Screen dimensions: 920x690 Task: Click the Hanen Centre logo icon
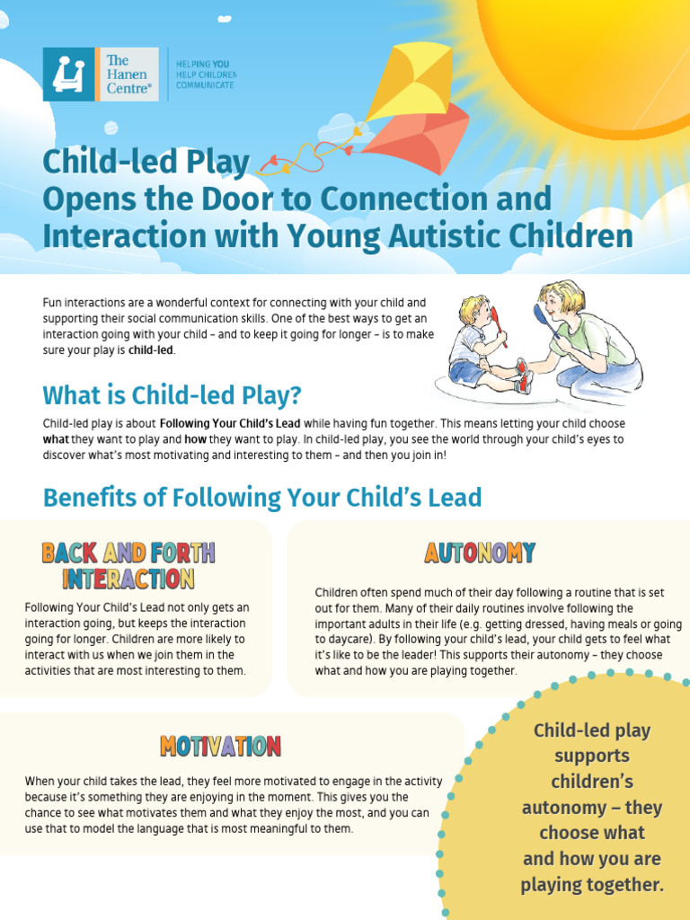68,74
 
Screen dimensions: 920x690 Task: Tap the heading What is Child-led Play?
172,395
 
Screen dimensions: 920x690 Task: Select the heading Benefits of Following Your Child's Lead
262,497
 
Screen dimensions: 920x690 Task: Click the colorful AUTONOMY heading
480,553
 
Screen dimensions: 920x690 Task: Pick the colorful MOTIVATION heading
220,746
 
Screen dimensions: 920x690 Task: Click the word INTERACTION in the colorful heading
128,579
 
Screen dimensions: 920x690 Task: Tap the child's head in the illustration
473,311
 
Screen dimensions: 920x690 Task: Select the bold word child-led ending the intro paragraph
152,351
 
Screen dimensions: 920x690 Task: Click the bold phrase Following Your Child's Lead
231,423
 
